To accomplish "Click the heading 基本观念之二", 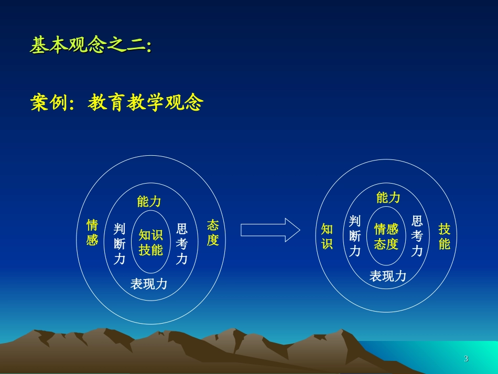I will click(x=90, y=46).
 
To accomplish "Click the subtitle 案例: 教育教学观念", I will click(x=116, y=103).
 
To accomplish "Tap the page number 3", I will click(x=466, y=359).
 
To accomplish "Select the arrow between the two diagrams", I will click(x=270, y=230).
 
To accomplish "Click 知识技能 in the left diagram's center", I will click(x=150, y=242).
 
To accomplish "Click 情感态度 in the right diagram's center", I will click(x=386, y=237).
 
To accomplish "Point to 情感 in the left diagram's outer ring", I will click(x=92, y=233).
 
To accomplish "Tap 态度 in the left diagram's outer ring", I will click(x=212, y=233).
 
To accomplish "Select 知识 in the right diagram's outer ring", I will click(x=327, y=237).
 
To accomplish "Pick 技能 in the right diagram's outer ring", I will click(x=445, y=237).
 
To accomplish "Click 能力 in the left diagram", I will click(x=149, y=202).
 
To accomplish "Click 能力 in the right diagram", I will click(x=388, y=198).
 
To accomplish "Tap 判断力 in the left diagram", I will click(x=120, y=243).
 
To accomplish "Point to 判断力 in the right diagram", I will click(x=355, y=236).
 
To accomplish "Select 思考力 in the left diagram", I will click(x=182, y=243).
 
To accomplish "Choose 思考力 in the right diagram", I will click(x=417, y=236).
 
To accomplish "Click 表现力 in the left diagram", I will click(x=149, y=284).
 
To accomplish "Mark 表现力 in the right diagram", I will click(x=388, y=276).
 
